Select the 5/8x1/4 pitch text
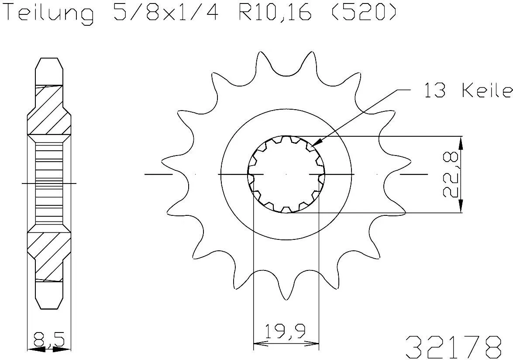[x=165, y=13]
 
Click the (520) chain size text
[x=362, y=13]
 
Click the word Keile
[x=487, y=91]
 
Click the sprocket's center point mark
[x=286, y=174]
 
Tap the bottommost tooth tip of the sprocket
[x=286, y=300]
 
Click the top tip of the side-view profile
[x=49, y=58]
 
